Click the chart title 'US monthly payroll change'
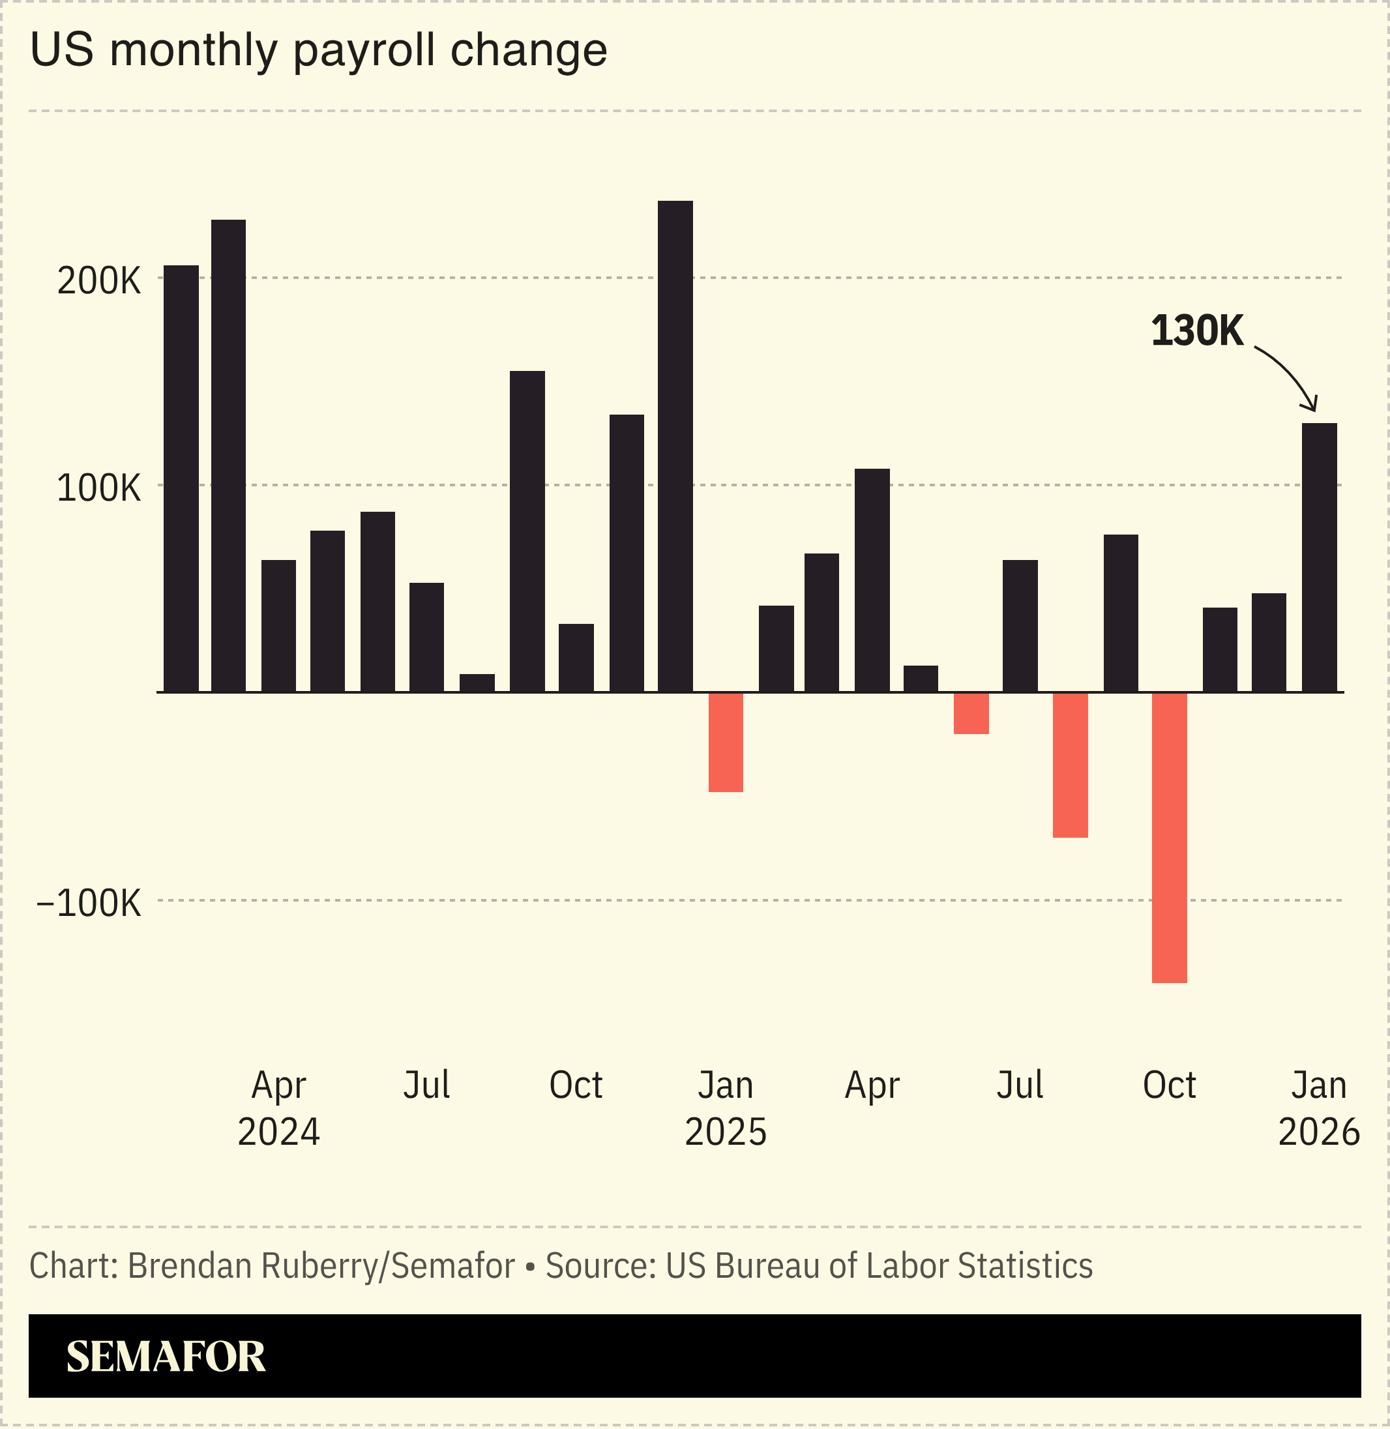pyautogui.click(x=318, y=51)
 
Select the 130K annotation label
pyautogui.click(x=1196, y=331)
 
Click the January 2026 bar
pyautogui.click(x=1319, y=557)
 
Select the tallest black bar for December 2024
pyautogui.click(x=675, y=446)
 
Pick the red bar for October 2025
pyautogui.click(x=1170, y=837)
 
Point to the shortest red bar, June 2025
pyautogui.click(x=971, y=713)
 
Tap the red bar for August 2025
pyautogui.click(x=1071, y=764)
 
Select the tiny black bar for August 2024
pyautogui.click(x=477, y=683)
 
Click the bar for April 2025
pyautogui.click(x=872, y=580)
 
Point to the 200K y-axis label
pyautogui.click(x=98, y=282)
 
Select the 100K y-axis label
pyautogui.click(x=98, y=489)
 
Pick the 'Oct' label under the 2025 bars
pyautogui.click(x=1169, y=1085)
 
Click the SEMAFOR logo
pyautogui.click(x=166, y=1357)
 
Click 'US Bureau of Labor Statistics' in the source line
pyautogui.click(x=879, y=1266)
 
